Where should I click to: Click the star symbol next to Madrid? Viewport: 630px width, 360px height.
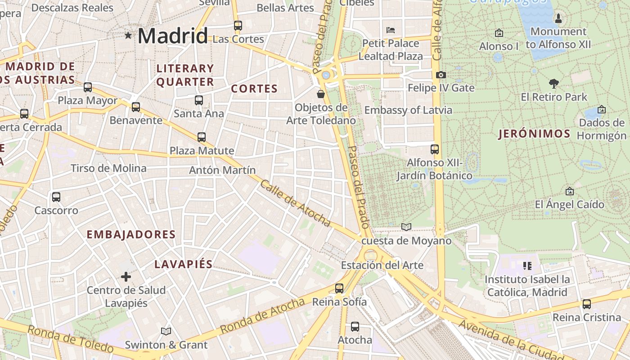click(x=128, y=35)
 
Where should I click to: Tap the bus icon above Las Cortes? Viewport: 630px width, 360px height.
click(x=238, y=26)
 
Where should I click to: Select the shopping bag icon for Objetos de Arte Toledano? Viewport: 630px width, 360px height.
click(x=321, y=94)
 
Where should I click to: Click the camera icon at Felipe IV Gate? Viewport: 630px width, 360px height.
click(x=441, y=75)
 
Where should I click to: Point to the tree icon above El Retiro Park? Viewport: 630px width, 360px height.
click(x=554, y=83)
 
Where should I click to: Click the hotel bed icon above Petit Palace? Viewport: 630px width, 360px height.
click(x=391, y=30)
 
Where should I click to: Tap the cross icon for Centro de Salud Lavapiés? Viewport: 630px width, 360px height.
click(x=126, y=276)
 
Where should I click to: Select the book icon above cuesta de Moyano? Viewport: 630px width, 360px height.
click(x=406, y=227)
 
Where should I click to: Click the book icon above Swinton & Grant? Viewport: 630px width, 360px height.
click(x=166, y=331)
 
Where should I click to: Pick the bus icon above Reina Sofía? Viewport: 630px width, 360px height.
click(x=339, y=288)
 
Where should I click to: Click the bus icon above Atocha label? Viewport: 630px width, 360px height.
click(x=355, y=326)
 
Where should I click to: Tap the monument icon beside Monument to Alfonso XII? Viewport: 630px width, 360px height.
click(x=558, y=18)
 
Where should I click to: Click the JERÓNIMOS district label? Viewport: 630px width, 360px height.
click(x=534, y=134)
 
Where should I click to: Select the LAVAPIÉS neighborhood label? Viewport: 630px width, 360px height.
click(x=184, y=264)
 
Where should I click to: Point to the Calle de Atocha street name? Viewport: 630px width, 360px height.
click(x=295, y=203)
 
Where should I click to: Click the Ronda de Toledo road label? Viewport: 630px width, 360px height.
click(x=70, y=338)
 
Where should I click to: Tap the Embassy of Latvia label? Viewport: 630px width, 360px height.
click(x=408, y=110)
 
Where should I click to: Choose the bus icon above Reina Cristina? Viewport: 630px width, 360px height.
click(x=586, y=304)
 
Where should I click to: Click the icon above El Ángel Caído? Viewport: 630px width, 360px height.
click(x=569, y=191)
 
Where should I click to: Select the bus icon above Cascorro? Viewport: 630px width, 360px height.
click(x=56, y=197)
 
